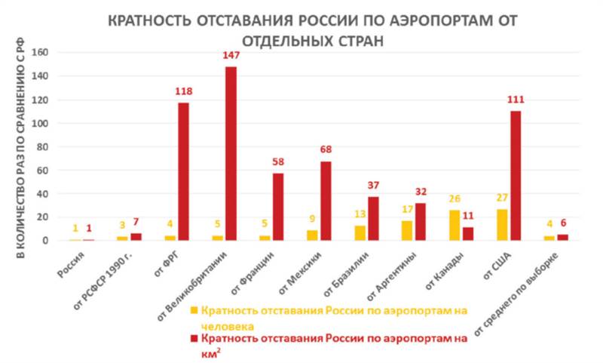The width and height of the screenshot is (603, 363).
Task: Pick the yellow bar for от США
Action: click(501, 225)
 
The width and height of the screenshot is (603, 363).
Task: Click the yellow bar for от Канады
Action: click(455, 225)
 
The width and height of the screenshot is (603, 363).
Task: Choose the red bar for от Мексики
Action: click(326, 201)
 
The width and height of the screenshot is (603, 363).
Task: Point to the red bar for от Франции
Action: click(278, 207)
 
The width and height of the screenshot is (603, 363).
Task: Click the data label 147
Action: click(231, 56)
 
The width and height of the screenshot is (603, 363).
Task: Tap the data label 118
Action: click(184, 91)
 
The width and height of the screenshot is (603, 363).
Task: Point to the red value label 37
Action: click(373, 186)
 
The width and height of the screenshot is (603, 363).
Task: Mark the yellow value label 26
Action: click(455, 198)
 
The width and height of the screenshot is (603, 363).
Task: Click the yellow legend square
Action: click(194, 309)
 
